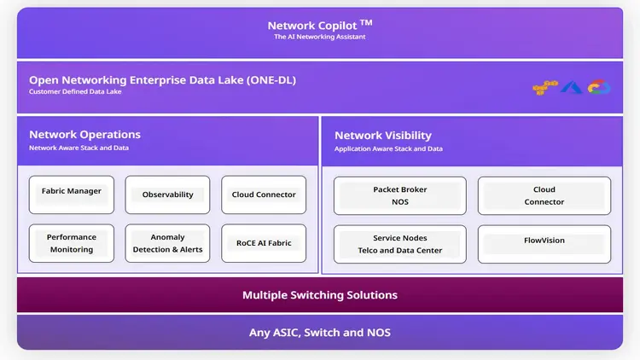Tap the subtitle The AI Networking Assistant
pos(319,38)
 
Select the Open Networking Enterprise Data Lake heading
pos(162,80)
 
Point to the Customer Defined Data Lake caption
pos(75,92)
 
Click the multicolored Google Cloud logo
pos(600,87)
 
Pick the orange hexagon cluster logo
pos(544,87)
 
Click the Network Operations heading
pos(84,135)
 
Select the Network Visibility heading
pos(383,136)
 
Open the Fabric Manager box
pos(72,195)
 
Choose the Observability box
pos(167,195)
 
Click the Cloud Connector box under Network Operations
pos(264,195)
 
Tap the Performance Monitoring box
pos(72,243)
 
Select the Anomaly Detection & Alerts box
pos(167,243)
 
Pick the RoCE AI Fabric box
pos(264,243)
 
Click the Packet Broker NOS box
pos(399,195)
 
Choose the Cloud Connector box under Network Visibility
pos(544,195)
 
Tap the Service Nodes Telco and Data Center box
pos(399,244)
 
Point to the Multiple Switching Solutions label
pos(319,295)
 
